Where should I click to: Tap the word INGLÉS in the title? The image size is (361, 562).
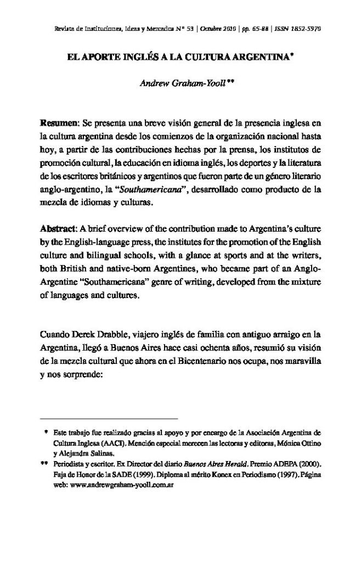[x=130, y=55]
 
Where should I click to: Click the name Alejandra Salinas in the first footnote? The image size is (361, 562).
[x=92, y=454]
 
